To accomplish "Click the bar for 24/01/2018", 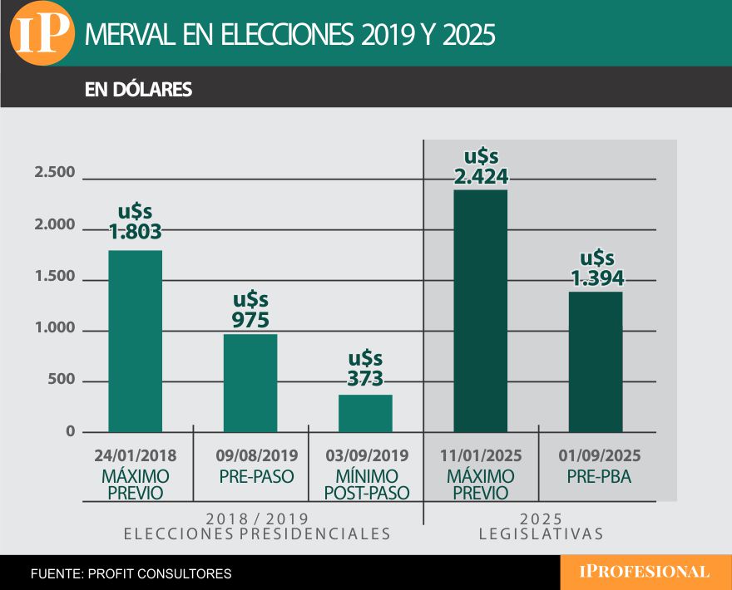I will tap(136, 341).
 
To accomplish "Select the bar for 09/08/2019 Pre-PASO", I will tap(250, 383).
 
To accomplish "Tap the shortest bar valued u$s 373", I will tap(365, 413).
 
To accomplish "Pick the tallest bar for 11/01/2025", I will tap(480, 311).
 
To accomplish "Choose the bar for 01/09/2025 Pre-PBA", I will tap(595, 361).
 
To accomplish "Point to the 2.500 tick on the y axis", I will tap(55, 173).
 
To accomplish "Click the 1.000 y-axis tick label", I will tap(55, 329).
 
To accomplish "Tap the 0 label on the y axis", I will tap(70, 431).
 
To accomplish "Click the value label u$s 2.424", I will tap(481, 166).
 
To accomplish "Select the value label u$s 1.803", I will tap(136, 222).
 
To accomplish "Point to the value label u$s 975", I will tap(250, 310).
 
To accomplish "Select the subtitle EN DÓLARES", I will tap(138, 90).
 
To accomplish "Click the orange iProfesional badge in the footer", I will tap(645, 572).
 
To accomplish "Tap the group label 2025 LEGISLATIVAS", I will tap(541, 525).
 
